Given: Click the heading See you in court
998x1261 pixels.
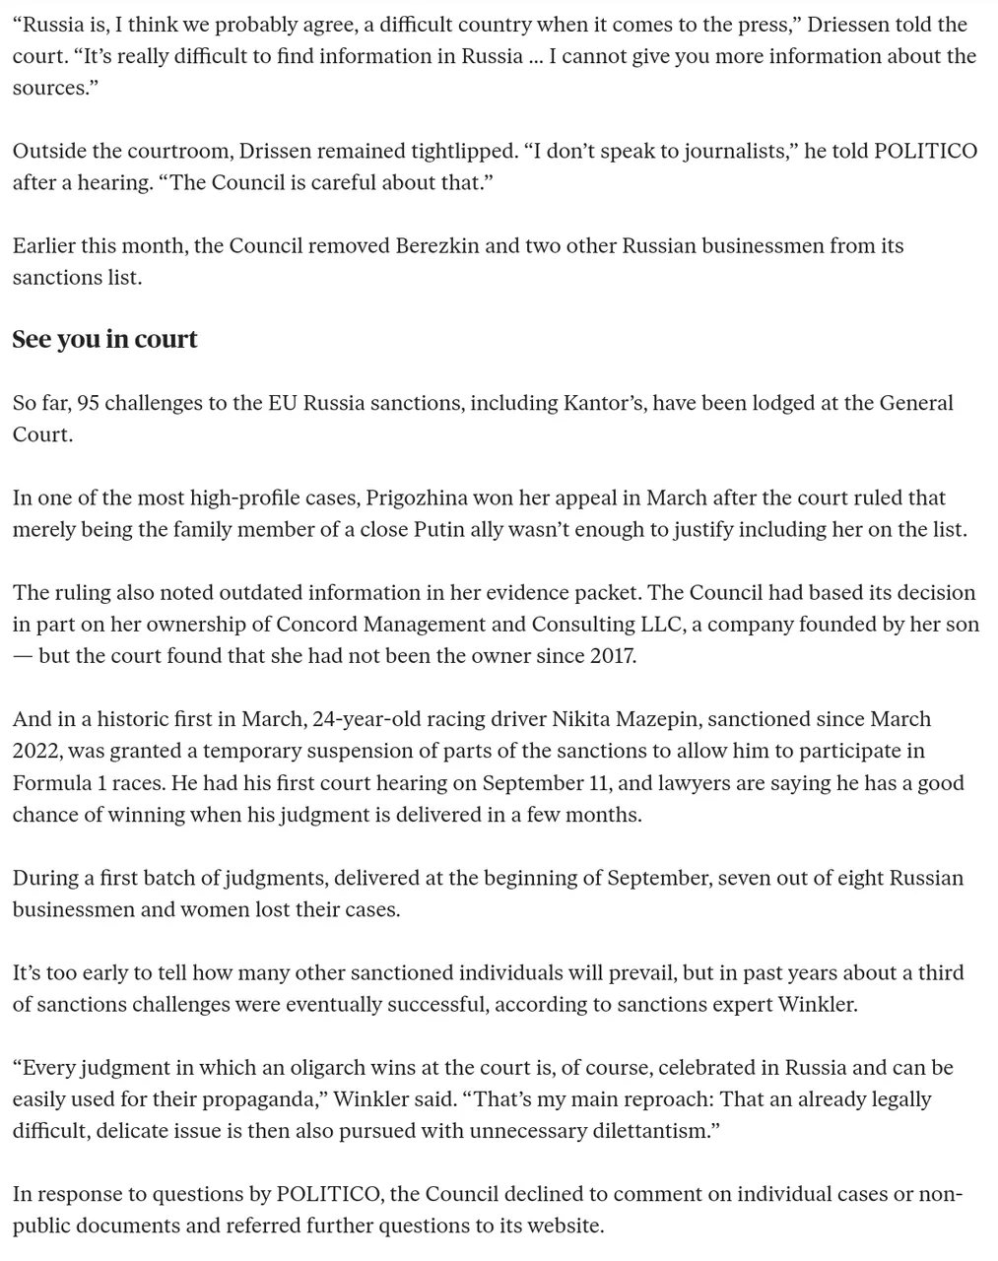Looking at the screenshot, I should tap(104, 339).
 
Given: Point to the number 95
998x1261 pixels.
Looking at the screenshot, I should tap(86, 403).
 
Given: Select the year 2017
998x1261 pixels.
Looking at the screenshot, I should tap(611, 655).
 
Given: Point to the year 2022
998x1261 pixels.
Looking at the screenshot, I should tap(37, 751).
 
